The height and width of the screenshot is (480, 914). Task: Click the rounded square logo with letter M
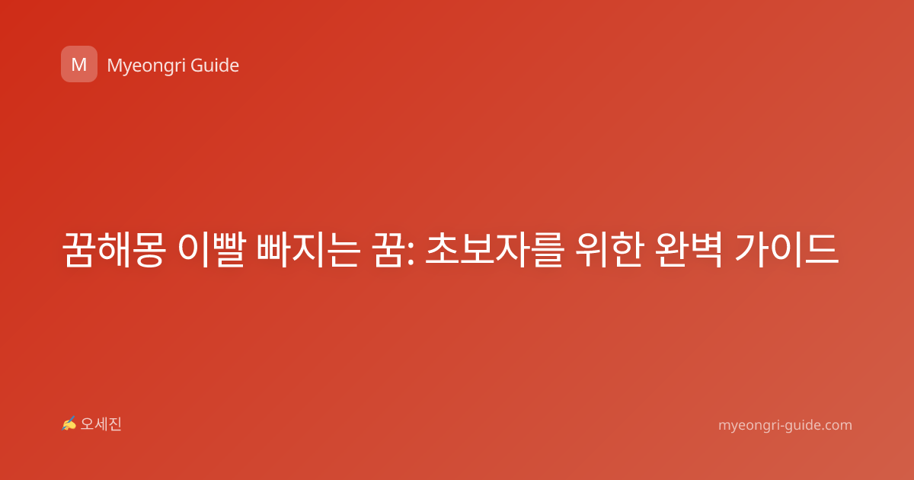(x=79, y=64)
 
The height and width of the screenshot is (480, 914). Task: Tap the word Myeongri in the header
(x=146, y=66)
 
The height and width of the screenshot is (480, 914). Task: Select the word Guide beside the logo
(x=215, y=65)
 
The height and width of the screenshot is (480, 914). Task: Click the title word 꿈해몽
(x=113, y=249)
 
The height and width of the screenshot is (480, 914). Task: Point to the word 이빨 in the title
(x=212, y=249)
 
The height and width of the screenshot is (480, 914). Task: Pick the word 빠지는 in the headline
(x=308, y=249)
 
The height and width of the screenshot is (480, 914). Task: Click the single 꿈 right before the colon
(x=388, y=249)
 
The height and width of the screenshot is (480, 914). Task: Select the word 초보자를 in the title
(x=494, y=249)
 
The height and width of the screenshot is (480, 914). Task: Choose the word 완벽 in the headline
(x=689, y=249)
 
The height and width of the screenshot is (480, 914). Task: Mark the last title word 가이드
(x=787, y=249)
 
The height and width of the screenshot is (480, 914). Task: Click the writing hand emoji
(x=69, y=424)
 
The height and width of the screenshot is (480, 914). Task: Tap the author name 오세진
(x=101, y=424)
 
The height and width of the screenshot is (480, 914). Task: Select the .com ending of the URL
(x=836, y=425)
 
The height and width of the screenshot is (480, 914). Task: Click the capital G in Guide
(x=197, y=66)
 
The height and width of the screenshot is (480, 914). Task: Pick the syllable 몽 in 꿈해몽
(x=149, y=249)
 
